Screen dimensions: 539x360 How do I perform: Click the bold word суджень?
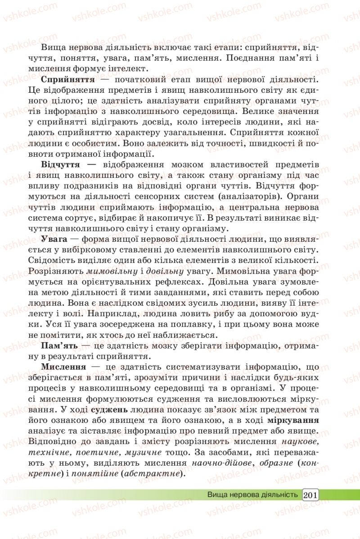[x=110, y=410]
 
